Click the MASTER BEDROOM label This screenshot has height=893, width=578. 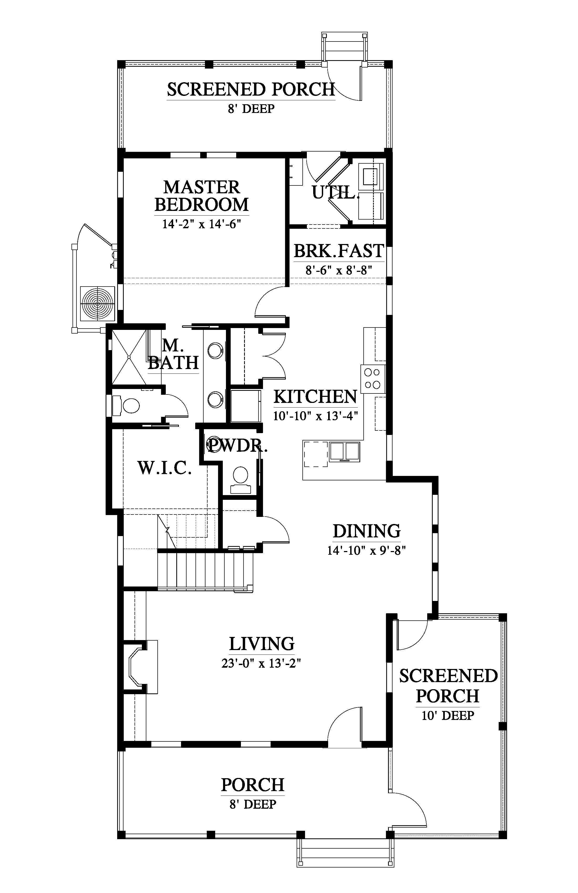(202, 196)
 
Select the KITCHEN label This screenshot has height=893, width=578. (315, 397)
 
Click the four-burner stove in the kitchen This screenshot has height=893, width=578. (373, 378)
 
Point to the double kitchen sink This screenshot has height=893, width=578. (344, 452)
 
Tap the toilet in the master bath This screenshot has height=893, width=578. (126, 405)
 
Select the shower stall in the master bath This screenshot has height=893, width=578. (129, 357)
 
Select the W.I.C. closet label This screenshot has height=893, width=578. (165, 468)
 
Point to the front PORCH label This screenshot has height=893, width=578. (252, 785)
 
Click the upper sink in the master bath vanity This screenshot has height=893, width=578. (215, 350)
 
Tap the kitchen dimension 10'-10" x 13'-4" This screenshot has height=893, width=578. (315, 416)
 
